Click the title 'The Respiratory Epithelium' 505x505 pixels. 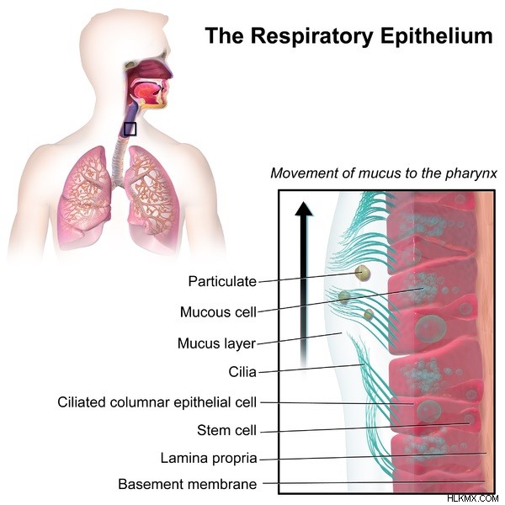click(x=349, y=35)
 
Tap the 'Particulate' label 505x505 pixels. click(x=222, y=281)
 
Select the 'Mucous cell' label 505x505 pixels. click(x=218, y=312)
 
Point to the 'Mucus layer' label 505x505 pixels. click(x=217, y=343)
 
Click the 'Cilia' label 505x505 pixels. click(x=242, y=372)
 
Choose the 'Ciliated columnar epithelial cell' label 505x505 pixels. click(x=157, y=402)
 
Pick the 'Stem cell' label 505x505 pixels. click(x=226, y=430)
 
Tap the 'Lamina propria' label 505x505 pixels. click(x=209, y=458)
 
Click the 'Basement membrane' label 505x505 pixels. click(x=188, y=484)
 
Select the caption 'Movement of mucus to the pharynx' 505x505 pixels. click(x=384, y=173)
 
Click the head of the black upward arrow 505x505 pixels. click(x=304, y=208)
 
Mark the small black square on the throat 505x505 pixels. click(x=130, y=129)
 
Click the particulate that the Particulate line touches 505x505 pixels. click(x=362, y=274)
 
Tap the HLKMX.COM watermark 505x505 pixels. click(x=473, y=498)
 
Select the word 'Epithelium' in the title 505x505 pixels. click(x=437, y=35)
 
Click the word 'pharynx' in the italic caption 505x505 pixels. click(x=471, y=174)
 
